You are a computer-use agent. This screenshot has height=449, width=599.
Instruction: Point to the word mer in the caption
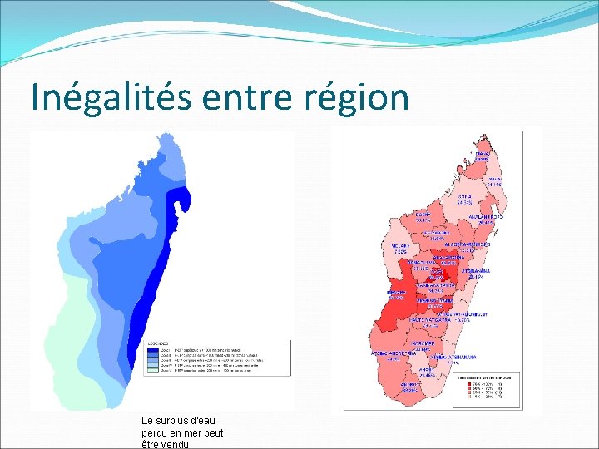click(x=201, y=432)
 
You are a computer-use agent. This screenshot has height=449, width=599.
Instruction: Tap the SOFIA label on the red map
click(x=464, y=198)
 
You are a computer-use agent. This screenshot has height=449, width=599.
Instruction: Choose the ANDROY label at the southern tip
click(x=409, y=386)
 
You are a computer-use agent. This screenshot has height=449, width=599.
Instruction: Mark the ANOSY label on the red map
click(x=427, y=370)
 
